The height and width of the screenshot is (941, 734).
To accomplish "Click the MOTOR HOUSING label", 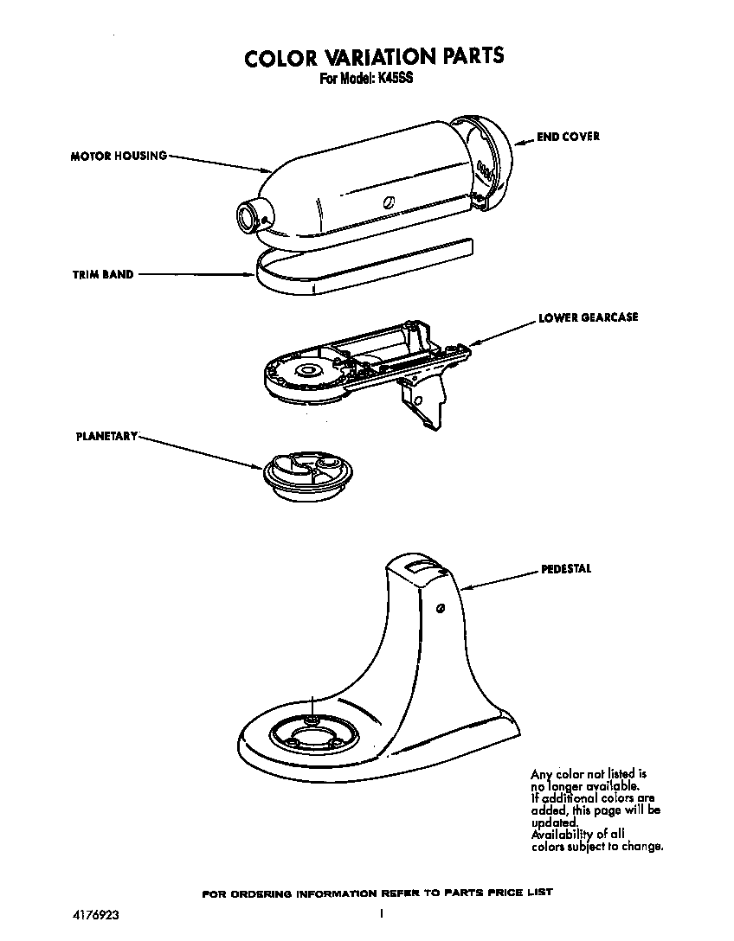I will pyautogui.click(x=119, y=157).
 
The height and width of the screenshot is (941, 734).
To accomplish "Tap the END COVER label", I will pyautogui.click(x=568, y=137).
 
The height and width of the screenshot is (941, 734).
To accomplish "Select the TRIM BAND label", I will pyautogui.click(x=102, y=275).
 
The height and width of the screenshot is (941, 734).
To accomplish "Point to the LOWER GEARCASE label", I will pyautogui.click(x=588, y=317).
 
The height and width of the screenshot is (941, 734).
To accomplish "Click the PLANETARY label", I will pyautogui.click(x=106, y=436).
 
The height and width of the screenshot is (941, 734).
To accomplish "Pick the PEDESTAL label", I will pyautogui.click(x=566, y=569).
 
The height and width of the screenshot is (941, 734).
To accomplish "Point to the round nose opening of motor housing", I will pyautogui.click(x=248, y=216).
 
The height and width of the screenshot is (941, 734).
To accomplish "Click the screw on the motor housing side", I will pyautogui.click(x=389, y=202).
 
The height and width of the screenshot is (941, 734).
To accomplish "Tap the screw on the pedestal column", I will pyautogui.click(x=441, y=609).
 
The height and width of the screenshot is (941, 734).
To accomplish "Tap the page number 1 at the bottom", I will pyautogui.click(x=382, y=912).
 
